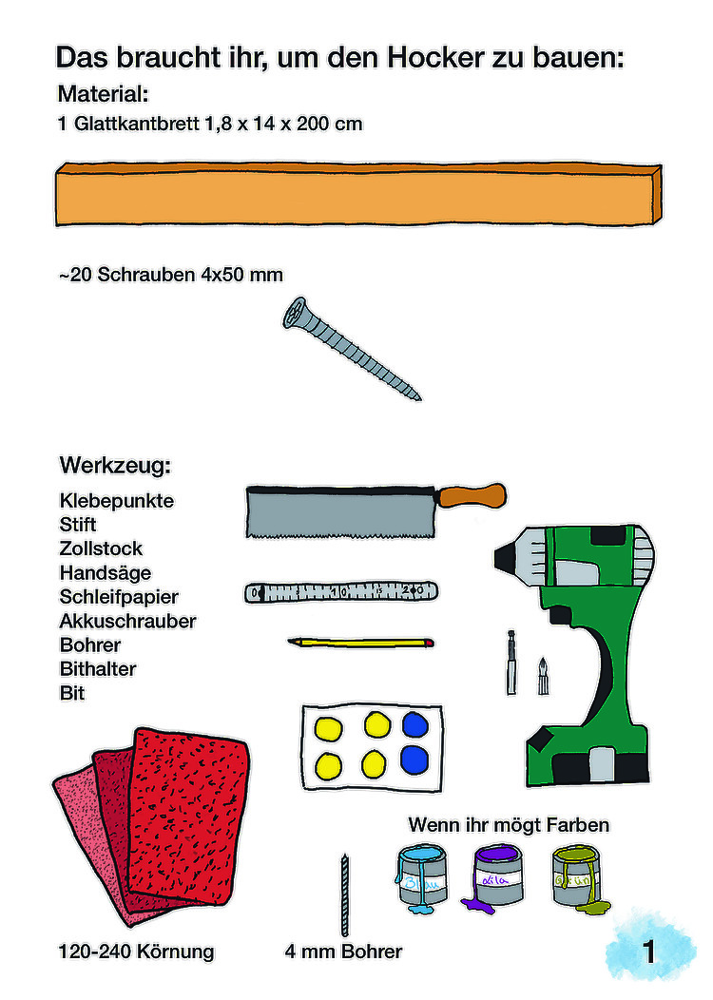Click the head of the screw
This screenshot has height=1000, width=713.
pyautogui.click(x=297, y=313)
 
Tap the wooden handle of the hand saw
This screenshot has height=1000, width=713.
pyautogui.click(x=472, y=495)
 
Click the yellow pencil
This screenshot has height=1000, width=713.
pyautogui.click(x=361, y=643)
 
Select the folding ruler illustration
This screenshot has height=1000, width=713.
pyautogui.click(x=341, y=592)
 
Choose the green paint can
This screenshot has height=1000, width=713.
pyautogui.click(x=578, y=877)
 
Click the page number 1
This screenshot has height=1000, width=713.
pyautogui.click(x=648, y=952)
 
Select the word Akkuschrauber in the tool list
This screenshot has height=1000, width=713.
pyautogui.click(x=127, y=621)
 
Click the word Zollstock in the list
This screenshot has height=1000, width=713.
pyautogui.click(x=101, y=548)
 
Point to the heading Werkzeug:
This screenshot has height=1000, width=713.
pyautogui.click(x=115, y=465)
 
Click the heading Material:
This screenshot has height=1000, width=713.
pyautogui.click(x=104, y=94)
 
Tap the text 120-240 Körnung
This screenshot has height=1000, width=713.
pyautogui.click(x=137, y=952)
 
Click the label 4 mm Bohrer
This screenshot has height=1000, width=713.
pyautogui.click(x=343, y=952)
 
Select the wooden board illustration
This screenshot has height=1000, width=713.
pyautogui.click(x=358, y=195)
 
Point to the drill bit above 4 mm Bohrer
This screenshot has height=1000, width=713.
pyautogui.click(x=345, y=894)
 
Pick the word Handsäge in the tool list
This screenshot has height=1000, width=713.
pyautogui.click(x=106, y=572)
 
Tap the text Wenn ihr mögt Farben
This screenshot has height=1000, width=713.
pyautogui.click(x=509, y=824)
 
